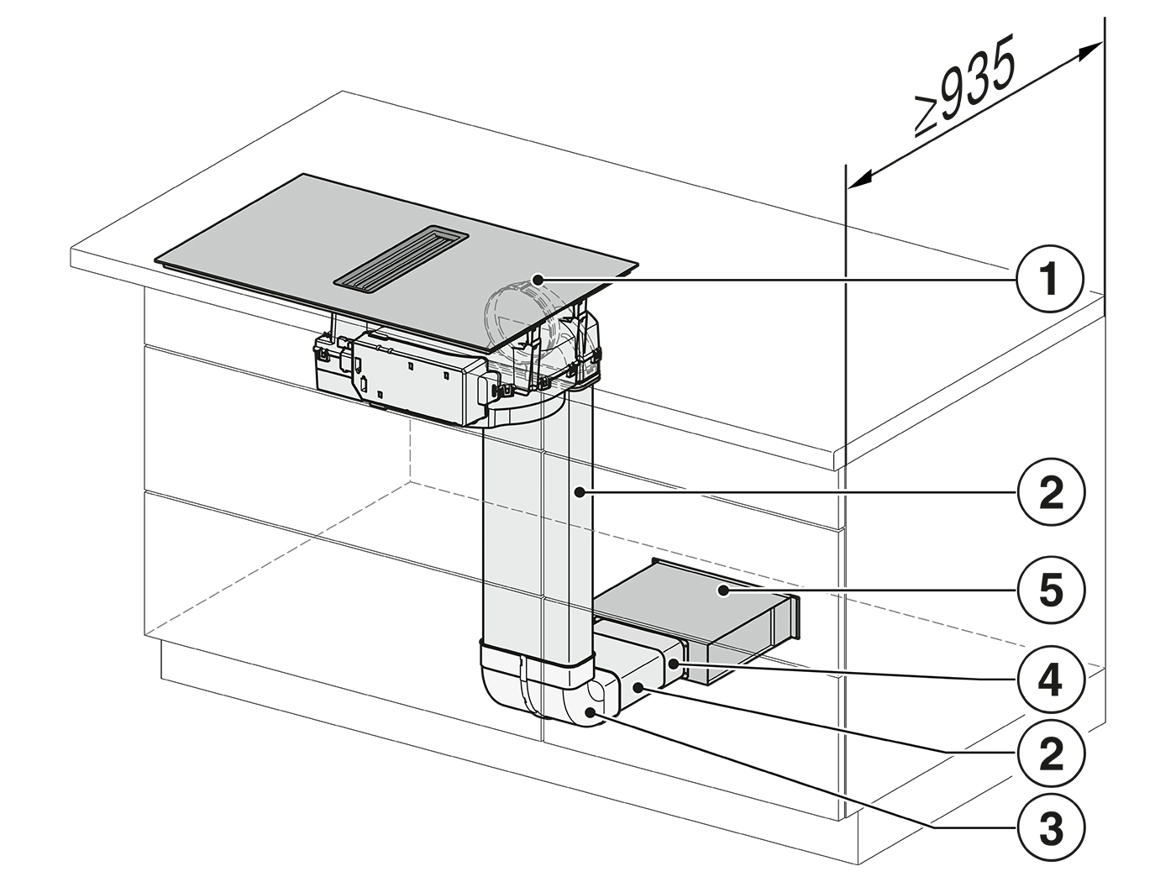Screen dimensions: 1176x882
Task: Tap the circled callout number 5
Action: (1051, 590)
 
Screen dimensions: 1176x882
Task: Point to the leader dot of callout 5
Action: (724, 591)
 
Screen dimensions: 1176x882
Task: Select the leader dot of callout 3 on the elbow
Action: (591, 711)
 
